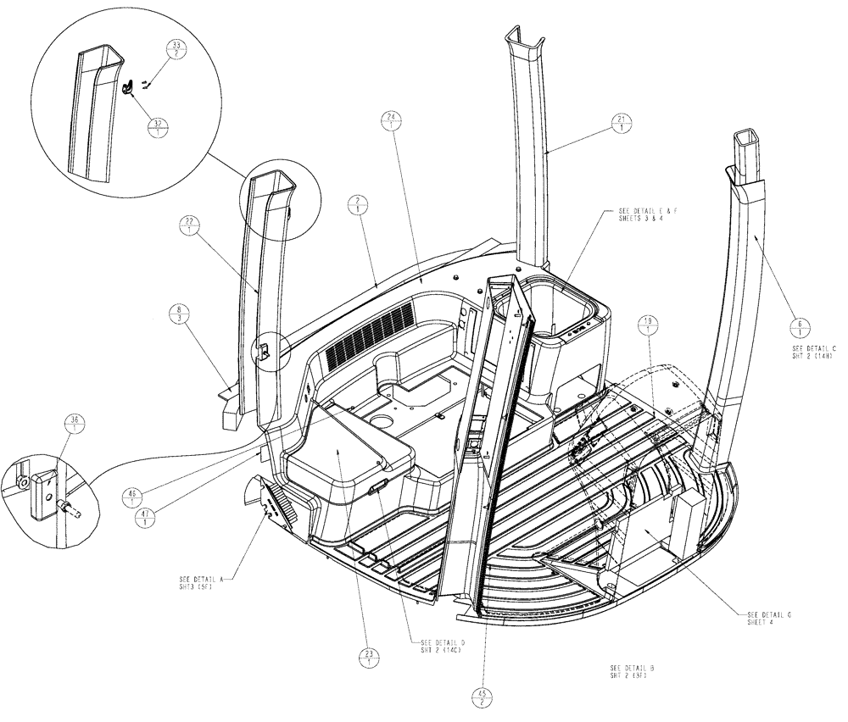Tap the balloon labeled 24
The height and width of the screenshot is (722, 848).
[389, 122]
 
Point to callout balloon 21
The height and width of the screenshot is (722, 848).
[622, 123]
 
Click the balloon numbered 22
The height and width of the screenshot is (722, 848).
[188, 226]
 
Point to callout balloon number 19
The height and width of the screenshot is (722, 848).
[650, 325]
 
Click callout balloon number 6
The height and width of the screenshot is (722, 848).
[802, 326]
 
